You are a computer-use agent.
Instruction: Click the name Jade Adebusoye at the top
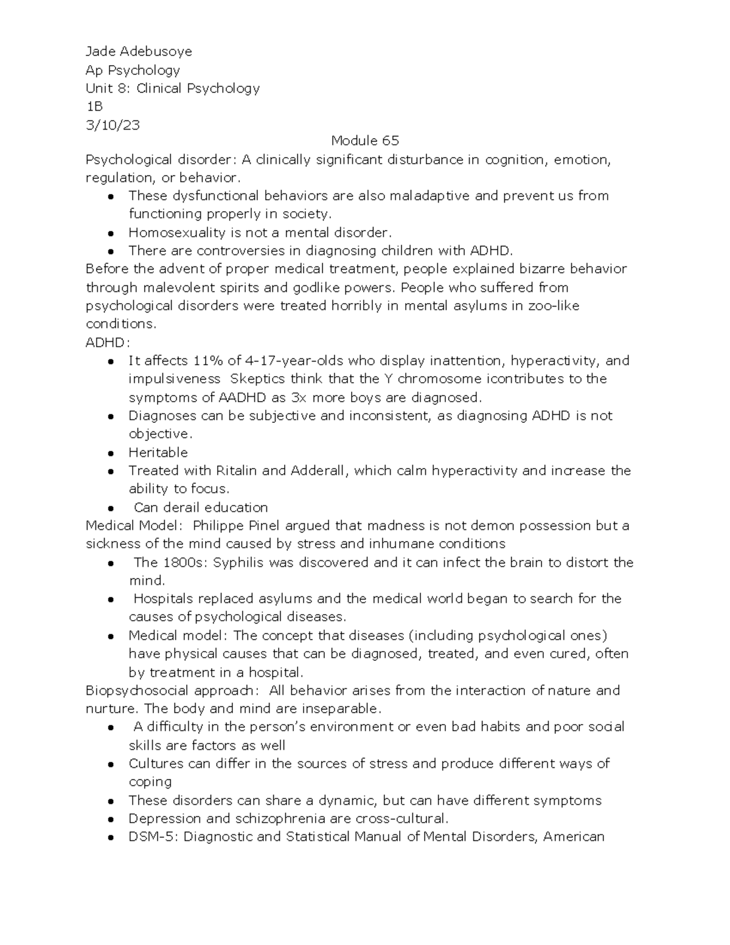coord(139,51)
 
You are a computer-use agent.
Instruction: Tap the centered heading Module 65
coord(365,141)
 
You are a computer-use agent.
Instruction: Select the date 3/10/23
coord(113,125)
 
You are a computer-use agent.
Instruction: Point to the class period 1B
coord(94,106)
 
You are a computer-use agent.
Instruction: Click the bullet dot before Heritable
coord(111,453)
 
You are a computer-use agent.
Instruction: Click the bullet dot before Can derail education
coord(111,508)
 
